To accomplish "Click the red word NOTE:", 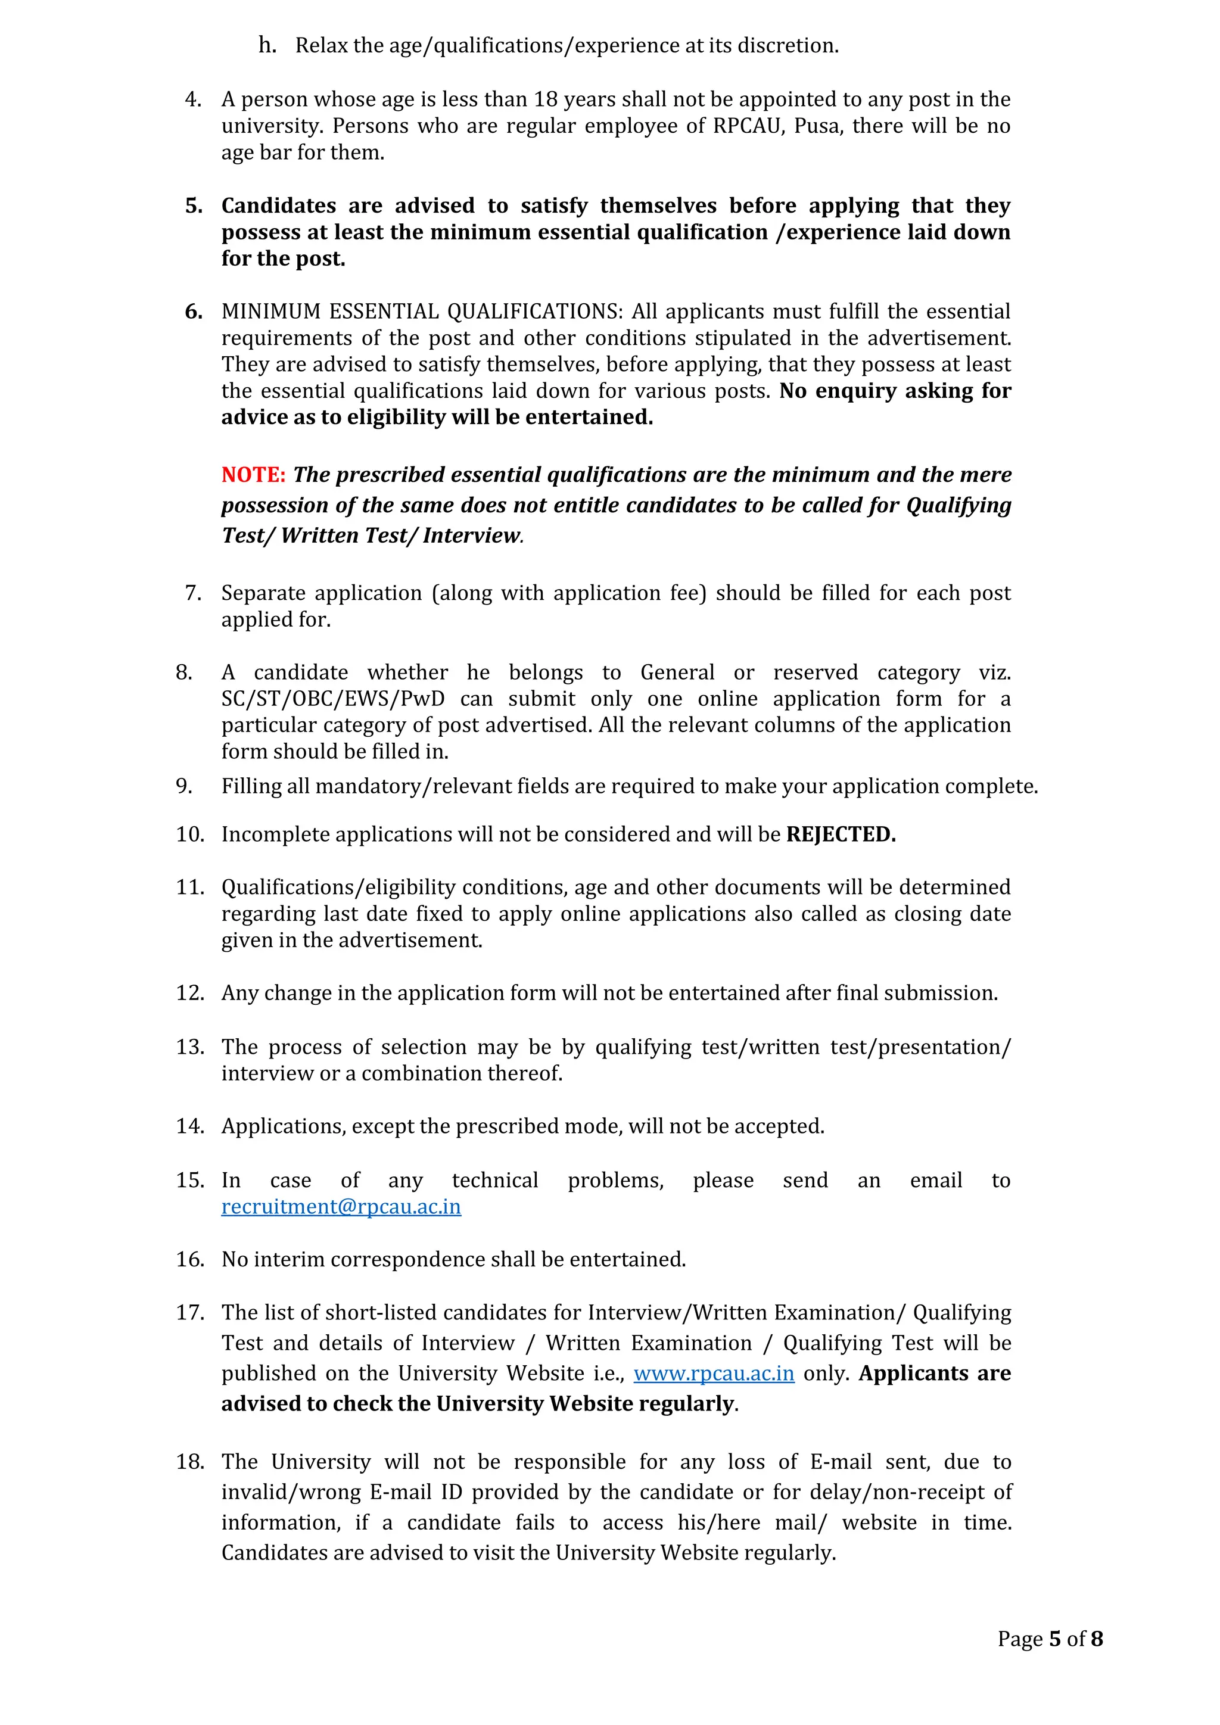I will point(253,475).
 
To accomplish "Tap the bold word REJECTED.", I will point(840,834).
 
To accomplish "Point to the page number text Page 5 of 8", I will point(1050,1639).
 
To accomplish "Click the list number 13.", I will point(190,1047).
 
